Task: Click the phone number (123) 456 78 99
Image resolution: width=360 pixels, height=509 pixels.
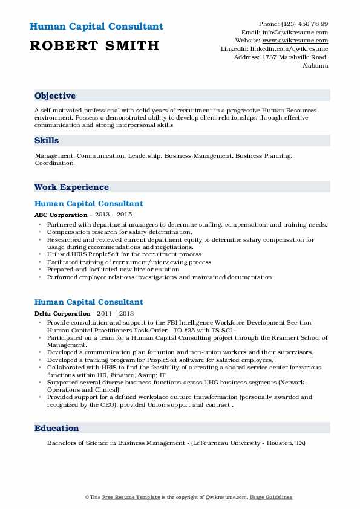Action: coord(306,24)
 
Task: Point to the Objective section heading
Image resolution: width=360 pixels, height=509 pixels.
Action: coord(55,96)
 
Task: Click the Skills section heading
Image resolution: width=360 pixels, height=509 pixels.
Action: coord(47,140)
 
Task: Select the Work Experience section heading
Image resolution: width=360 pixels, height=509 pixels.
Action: coord(71,187)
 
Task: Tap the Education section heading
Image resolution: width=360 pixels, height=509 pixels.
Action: coord(57,428)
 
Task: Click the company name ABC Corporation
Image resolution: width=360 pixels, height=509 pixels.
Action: coord(61,215)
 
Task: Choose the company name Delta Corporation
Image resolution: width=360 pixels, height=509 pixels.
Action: coord(62,313)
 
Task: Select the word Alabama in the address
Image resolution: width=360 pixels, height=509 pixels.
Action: coord(315,65)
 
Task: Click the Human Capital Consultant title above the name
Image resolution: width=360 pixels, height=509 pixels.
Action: coord(96,27)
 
